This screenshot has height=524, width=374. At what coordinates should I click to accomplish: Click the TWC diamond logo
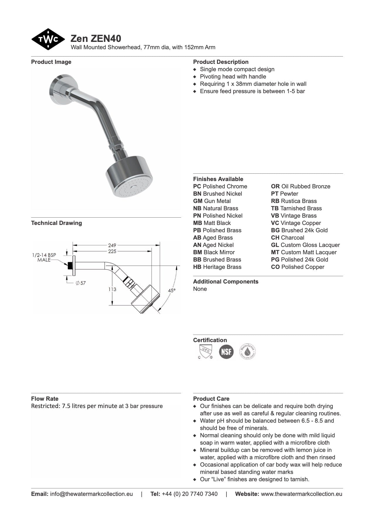48,39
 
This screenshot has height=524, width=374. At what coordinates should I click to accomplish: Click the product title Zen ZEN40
96,38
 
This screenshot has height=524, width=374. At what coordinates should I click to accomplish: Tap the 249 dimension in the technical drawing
112,245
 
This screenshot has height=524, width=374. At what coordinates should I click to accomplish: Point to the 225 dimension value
112,251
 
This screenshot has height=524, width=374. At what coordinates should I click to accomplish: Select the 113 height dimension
112,289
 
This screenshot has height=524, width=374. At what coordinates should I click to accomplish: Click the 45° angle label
172,291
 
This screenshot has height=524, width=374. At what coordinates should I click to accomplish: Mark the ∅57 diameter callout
81,283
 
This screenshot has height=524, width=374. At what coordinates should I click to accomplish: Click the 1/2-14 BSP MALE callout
44,257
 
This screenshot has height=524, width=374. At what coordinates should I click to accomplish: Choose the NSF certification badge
226,351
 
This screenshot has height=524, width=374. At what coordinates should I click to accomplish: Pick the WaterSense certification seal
248,351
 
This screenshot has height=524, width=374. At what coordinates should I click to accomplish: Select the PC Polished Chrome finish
220,187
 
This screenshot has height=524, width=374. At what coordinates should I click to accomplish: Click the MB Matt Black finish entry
212,223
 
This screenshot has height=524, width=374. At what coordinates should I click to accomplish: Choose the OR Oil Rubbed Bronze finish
300,187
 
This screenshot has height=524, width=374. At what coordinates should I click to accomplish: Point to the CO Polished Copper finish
297,267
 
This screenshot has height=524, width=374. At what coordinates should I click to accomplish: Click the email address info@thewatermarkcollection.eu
91,494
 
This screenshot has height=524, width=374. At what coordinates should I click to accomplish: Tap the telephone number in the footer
189,494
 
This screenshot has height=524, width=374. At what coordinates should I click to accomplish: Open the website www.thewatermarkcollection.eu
301,494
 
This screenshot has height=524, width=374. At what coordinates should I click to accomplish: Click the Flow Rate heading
45,399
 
